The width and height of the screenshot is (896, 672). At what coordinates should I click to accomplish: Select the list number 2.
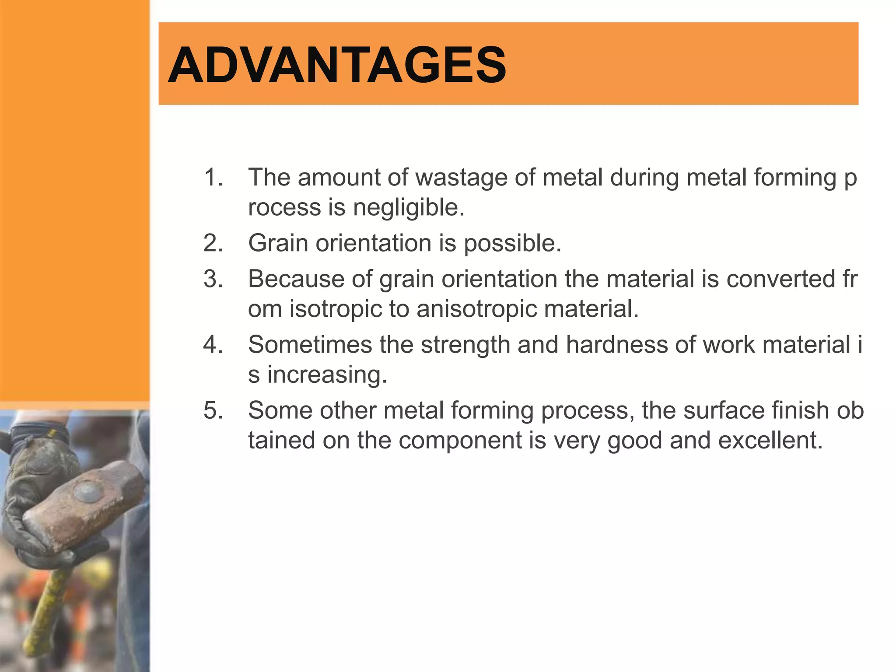[x=213, y=243]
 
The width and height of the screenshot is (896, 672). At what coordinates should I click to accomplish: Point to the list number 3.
[x=213, y=279]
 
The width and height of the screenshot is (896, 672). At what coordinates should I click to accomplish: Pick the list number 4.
[x=213, y=344]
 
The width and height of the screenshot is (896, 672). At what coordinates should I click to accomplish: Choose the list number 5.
[x=213, y=410]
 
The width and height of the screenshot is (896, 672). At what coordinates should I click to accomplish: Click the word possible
[x=512, y=243]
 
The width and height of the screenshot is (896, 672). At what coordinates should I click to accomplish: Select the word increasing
[x=327, y=375]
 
